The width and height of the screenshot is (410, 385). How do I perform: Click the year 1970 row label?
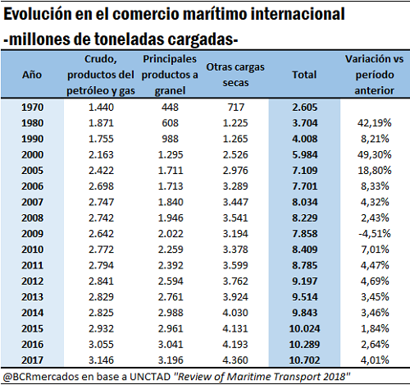pyautogui.click(x=32, y=108)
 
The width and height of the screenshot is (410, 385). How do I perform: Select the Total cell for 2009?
pyautogui.click(x=305, y=234)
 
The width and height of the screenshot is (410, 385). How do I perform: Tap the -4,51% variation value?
pyautogui.click(x=375, y=234)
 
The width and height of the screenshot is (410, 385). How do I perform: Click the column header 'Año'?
pyautogui.click(x=32, y=75)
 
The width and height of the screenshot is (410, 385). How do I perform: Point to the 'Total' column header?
pyautogui.click(x=304, y=75)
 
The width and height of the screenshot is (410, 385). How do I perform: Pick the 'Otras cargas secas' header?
pyautogui.click(x=235, y=75)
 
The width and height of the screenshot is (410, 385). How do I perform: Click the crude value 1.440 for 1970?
pyautogui.click(x=101, y=108)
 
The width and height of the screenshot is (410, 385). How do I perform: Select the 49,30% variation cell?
pyautogui.click(x=375, y=154)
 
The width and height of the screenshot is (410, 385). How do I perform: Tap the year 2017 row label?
pyautogui.click(x=32, y=360)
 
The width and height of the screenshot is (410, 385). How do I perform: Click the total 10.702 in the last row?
pyautogui.click(x=304, y=360)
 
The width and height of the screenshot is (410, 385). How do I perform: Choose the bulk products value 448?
pyautogui.click(x=170, y=108)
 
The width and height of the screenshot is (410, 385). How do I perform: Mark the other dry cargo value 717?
pyautogui.click(x=235, y=108)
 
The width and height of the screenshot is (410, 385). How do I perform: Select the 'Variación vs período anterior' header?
pyautogui.click(x=374, y=75)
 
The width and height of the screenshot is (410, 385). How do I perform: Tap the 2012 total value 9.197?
pyautogui.click(x=305, y=281)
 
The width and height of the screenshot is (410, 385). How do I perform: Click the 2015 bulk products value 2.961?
pyautogui.click(x=171, y=328)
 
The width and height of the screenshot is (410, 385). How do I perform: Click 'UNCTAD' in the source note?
pyautogui.click(x=150, y=377)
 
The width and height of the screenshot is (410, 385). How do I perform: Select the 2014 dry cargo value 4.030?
pyautogui.click(x=235, y=313)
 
